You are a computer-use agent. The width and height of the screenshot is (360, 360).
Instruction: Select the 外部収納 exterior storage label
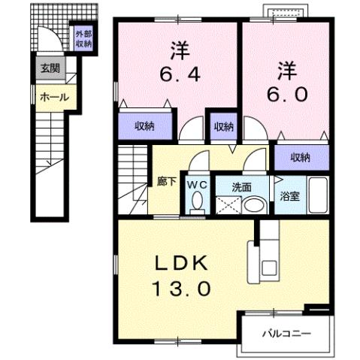click(83, 39)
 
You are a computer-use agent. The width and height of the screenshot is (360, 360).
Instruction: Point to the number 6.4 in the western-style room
click(177, 76)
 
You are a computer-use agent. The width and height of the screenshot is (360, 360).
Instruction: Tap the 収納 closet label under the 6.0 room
click(301, 157)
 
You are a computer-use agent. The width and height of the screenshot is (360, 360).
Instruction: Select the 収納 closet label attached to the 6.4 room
click(145, 126)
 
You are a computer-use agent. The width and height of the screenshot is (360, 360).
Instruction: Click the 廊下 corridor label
click(166, 180)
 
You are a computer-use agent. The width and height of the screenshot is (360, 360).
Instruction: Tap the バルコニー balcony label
click(286, 332)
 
